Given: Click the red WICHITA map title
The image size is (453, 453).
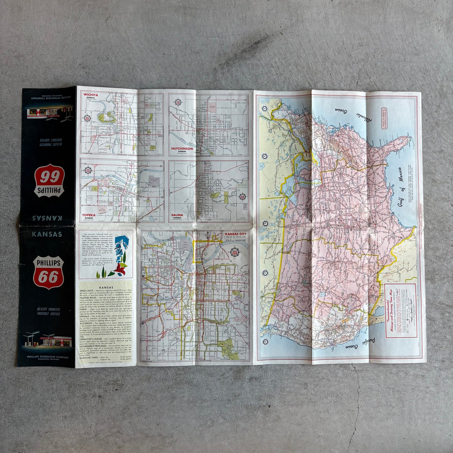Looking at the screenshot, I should (x=91, y=95).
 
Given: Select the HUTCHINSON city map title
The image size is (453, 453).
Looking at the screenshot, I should (x=182, y=148).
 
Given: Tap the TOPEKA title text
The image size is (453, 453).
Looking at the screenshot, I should (x=89, y=215).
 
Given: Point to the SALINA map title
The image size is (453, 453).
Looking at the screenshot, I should (x=177, y=215).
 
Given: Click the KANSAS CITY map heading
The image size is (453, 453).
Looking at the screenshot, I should (x=235, y=234).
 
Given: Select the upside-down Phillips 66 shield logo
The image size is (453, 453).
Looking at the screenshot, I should (x=49, y=181).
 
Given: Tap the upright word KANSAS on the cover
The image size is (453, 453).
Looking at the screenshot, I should (x=47, y=234).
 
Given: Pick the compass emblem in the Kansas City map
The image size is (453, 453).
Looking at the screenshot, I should (x=234, y=251).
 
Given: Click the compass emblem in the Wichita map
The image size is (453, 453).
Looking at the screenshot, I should (x=87, y=119).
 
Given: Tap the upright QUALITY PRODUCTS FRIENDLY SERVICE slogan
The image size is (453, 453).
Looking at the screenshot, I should (x=48, y=311).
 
